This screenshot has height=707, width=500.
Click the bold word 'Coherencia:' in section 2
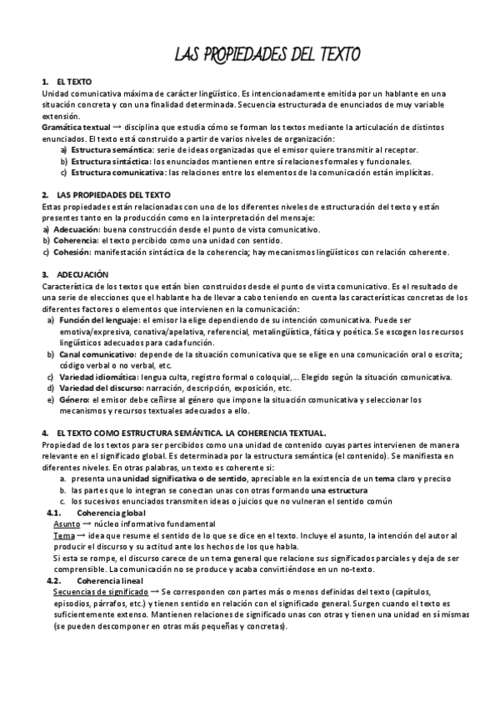76,240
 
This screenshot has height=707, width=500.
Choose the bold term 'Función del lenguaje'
97,319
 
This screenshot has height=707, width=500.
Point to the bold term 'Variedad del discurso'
99,388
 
